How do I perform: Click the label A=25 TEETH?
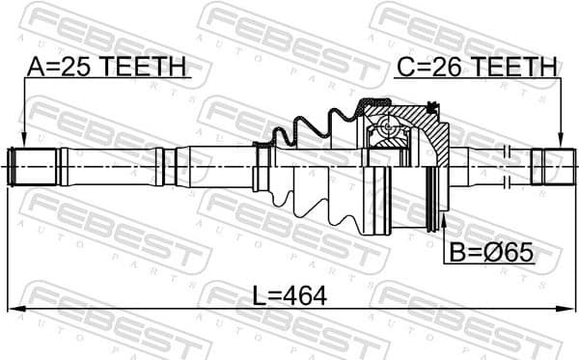click(x=105, y=68)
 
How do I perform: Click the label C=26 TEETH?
click(x=477, y=68)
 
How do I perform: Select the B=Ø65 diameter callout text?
click(x=490, y=253)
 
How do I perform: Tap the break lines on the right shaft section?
click(x=507, y=165)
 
